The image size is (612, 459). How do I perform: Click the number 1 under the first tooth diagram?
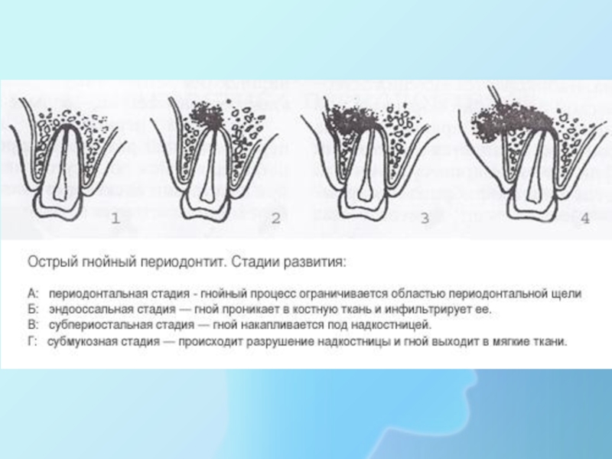[x=116, y=218]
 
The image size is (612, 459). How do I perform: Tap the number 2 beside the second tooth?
[x=276, y=218]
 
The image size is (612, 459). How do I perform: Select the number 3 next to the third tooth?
[x=425, y=218]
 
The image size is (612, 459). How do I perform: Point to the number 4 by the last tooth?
[x=584, y=218]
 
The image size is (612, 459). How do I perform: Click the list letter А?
[x=33, y=294]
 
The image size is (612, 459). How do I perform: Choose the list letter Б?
[x=33, y=310]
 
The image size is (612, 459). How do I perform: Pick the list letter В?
[x=33, y=325]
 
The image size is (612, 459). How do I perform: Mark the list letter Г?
[x=32, y=341]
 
